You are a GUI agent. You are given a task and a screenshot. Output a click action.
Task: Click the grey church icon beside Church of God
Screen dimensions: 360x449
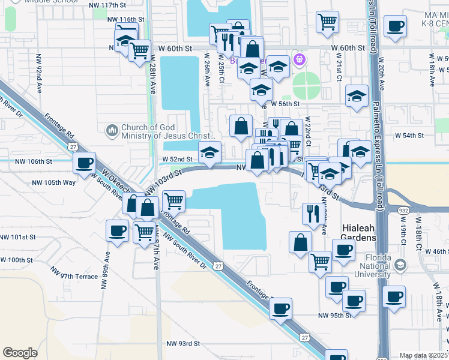[x=112, y=130]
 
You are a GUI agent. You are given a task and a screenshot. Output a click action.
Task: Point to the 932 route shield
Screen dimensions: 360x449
[x=403, y=210]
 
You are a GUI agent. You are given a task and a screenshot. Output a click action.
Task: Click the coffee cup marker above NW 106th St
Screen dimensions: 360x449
[x=85, y=163]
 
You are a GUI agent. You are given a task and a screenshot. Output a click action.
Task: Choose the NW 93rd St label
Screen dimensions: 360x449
[x=182, y=343]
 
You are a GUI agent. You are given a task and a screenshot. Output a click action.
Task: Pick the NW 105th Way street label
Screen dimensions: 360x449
[x=54, y=182]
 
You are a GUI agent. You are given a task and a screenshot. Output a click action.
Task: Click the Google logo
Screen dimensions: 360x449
[x=20, y=353]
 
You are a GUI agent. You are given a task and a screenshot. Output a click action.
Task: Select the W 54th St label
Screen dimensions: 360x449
[x=409, y=136]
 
